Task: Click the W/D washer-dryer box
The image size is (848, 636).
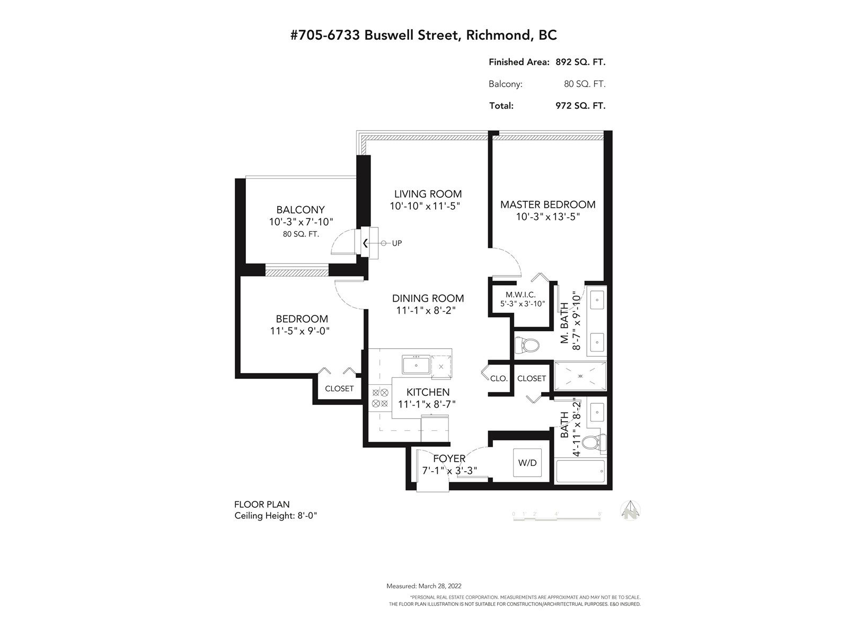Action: [x=527, y=463]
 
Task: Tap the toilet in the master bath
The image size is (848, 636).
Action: [x=527, y=344]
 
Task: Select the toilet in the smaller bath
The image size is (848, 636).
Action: [x=594, y=442]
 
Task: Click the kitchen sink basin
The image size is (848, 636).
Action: [x=416, y=365]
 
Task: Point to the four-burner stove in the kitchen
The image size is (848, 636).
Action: [x=380, y=398]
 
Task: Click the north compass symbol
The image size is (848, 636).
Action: [x=630, y=510]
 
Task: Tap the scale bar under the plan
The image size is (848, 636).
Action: [x=556, y=519]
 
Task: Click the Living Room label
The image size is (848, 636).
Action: [x=428, y=194]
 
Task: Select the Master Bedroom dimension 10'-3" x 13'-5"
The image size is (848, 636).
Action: [x=548, y=217]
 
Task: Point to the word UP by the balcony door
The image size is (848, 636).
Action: [x=397, y=243]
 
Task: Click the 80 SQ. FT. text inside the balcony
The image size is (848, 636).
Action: [x=301, y=234]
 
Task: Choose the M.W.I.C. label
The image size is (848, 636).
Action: [x=520, y=295]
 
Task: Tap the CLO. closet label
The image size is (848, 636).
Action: [x=499, y=379]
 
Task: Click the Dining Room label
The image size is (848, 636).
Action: [x=428, y=298]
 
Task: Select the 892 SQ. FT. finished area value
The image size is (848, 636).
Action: [x=580, y=62]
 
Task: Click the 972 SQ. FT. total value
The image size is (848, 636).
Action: [x=580, y=106]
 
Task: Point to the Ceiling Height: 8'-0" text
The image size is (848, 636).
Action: [x=276, y=516]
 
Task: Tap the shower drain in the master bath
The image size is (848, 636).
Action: [x=580, y=376]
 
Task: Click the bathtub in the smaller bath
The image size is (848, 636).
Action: [x=580, y=471]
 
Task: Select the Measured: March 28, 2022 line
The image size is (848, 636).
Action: [x=424, y=586]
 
